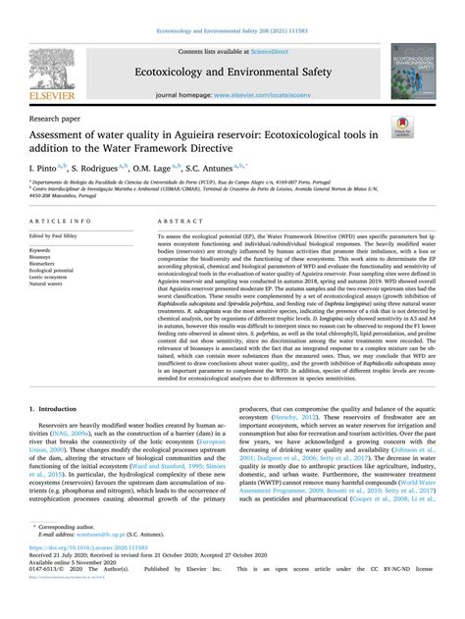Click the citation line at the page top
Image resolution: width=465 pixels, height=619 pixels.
(x=232, y=9)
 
